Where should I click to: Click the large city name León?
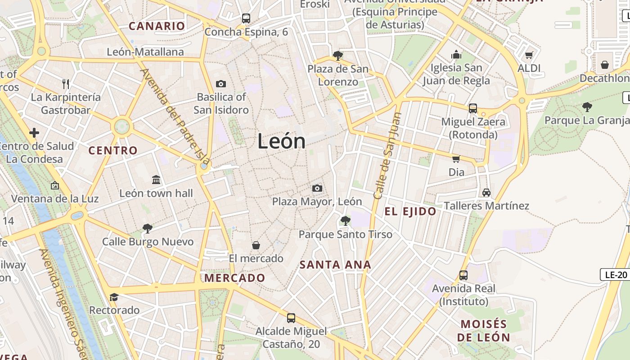pyautogui.click(x=282, y=142)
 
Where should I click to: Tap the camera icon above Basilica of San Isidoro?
pyautogui.click(x=220, y=84)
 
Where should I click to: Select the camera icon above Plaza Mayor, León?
pyautogui.click(x=317, y=188)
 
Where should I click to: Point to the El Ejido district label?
pyautogui.click(x=410, y=211)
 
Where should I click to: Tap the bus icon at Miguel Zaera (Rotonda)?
pyautogui.click(x=473, y=108)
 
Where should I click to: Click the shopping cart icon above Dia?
pyautogui.click(x=456, y=159)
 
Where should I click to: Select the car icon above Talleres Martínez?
pyautogui.click(x=486, y=193)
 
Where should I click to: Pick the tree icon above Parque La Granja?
pyautogui.click(x=587, y=107)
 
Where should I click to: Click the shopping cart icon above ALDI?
pyautogui.click(x=529, y=55)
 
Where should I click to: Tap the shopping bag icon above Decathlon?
pyautogui.click(x=605, y=65)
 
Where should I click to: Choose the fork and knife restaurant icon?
pyautogui.click(x=66, y=84)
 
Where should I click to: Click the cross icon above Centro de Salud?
pyautogui.click(x=34, y=133)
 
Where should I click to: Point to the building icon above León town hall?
pyautogui.click(x=156, y=180)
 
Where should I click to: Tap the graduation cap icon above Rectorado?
pyautogui.click(x=114, y=297)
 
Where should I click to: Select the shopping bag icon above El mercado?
pyautogui.click(x=256, y=245)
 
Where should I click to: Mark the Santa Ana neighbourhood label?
pyautogui.click(x=335, y=265)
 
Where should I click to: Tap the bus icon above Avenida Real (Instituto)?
pyautogui.click(x=463, y=275)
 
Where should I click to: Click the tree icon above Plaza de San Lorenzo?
pyautogui.click(x=338, y=56)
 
